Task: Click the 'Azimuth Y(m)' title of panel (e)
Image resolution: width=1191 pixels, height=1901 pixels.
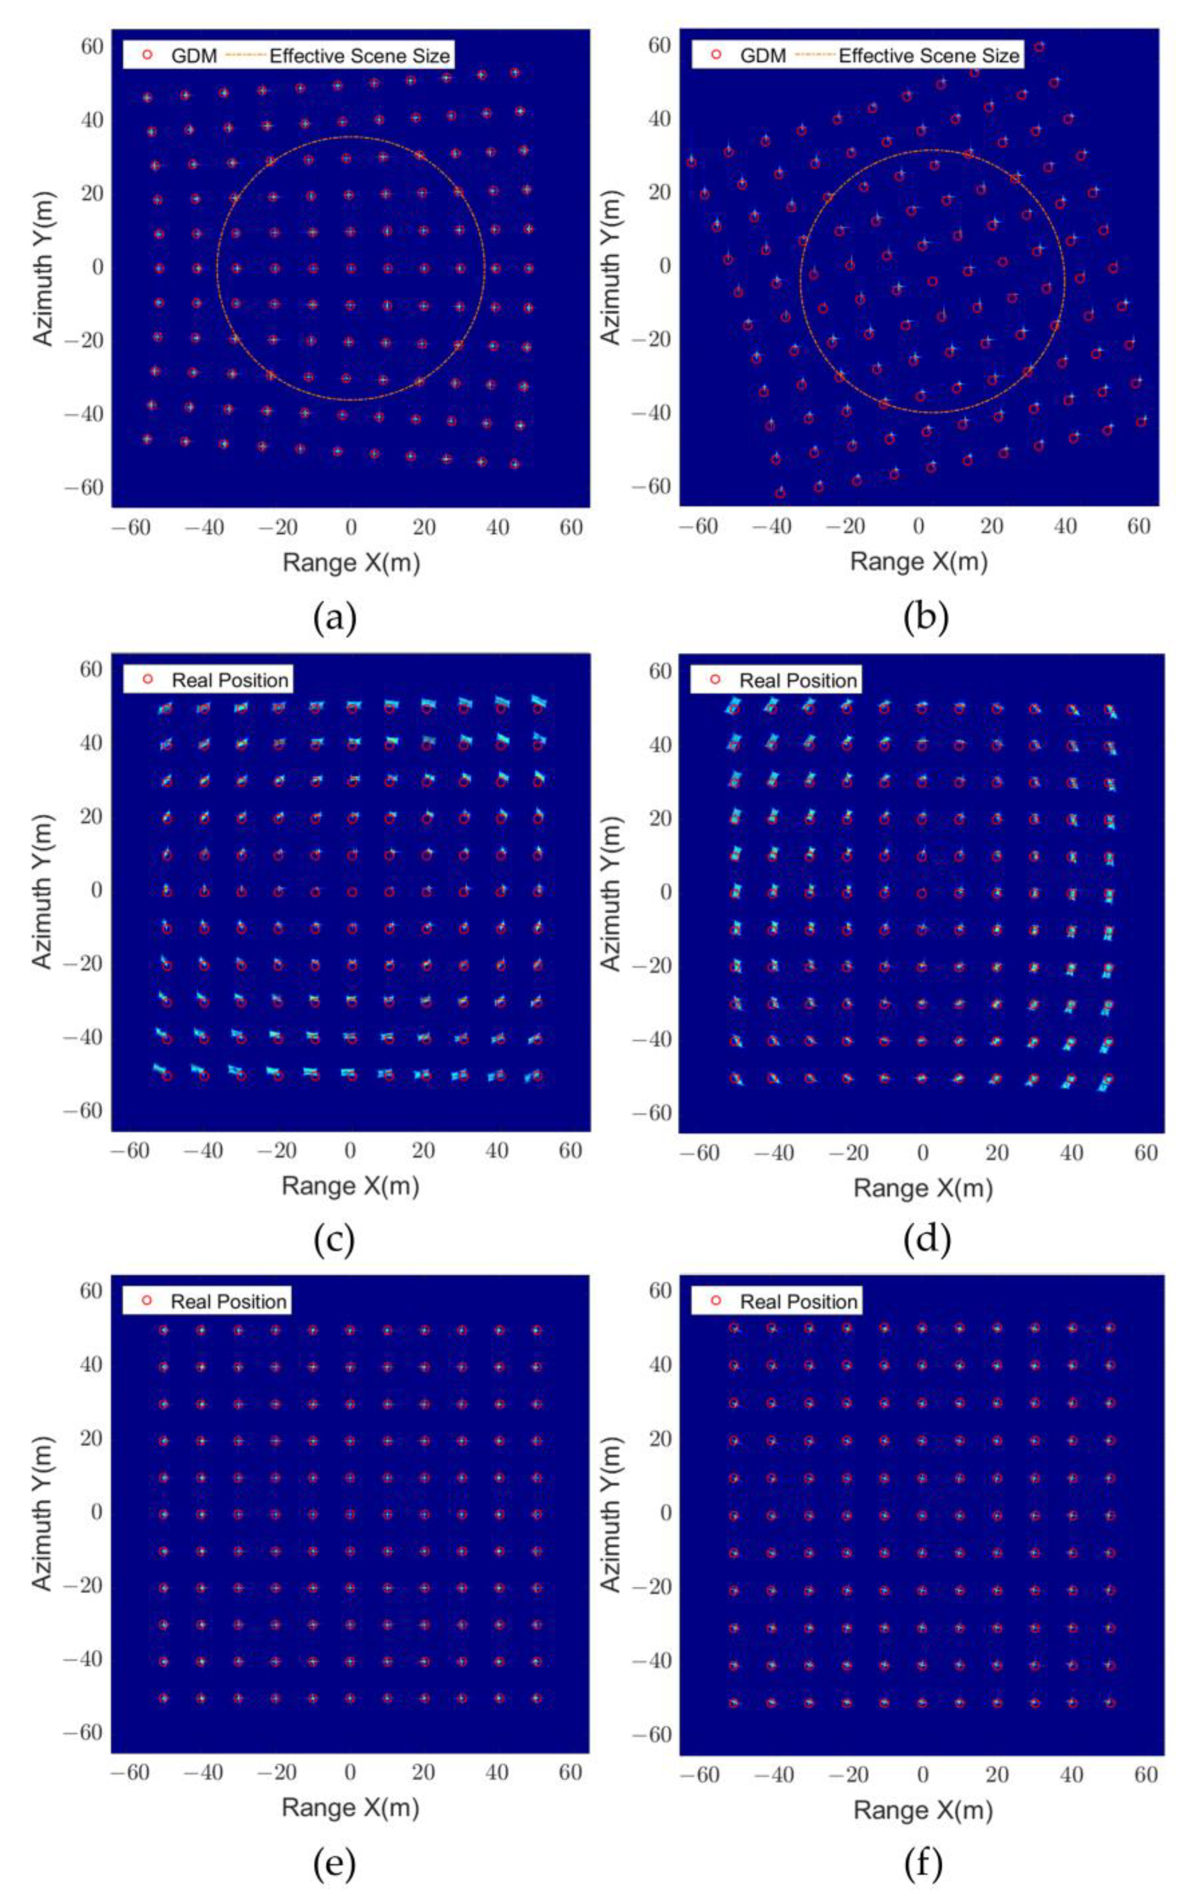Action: [x=43, y=1513]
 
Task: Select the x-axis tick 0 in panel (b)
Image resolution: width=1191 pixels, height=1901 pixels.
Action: [x=919, y=526]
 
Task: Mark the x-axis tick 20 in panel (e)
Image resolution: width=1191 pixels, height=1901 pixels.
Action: [x=424, y=1772]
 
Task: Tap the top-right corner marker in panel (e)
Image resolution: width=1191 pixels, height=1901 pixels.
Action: [x=536, y=1330]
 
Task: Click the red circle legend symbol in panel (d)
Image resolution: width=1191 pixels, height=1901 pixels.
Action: [x=715, y=679]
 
